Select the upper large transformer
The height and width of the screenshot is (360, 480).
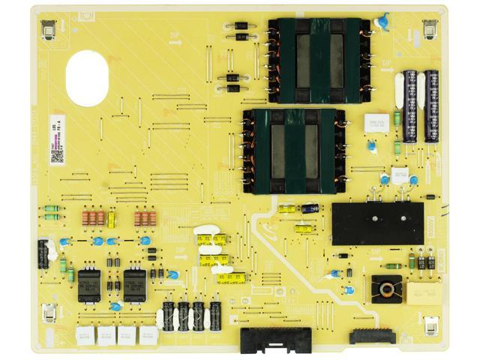click(x=316, y=59)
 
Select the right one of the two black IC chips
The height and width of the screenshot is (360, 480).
click(x=135, y=285)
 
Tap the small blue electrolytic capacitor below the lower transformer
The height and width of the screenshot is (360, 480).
click(x=310, y=208)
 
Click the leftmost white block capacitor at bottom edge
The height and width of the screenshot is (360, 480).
click(x=86, y=334)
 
